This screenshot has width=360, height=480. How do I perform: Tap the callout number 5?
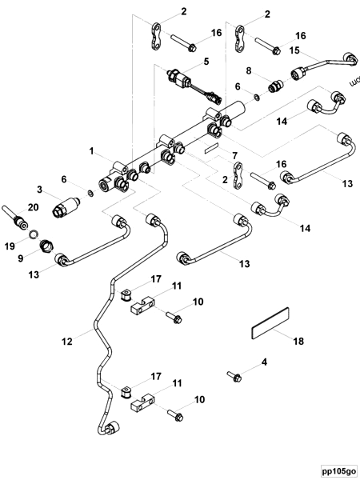[x=183, y=61]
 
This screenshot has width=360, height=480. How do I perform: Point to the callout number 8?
[x=248, y=70]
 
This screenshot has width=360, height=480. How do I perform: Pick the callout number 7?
[x=234, y=154]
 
